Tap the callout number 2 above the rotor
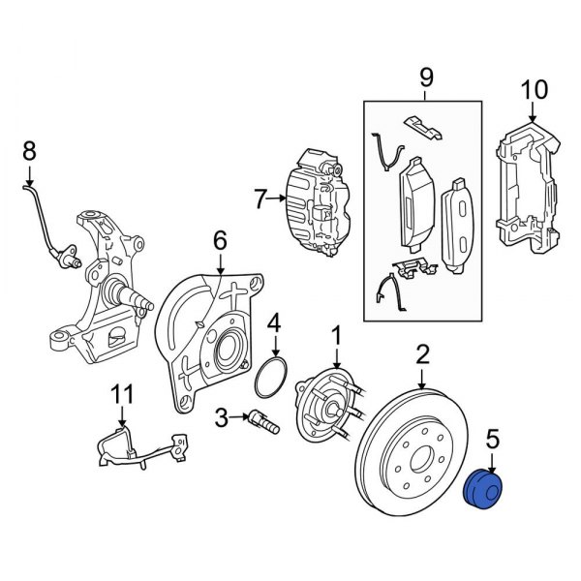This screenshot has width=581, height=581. tap(422, 354)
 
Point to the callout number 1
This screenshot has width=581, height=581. tap(336, 336)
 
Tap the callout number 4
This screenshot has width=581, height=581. tap(274, 322)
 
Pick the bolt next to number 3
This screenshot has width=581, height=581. tap(261, 421)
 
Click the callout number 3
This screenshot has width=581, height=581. tap(222, 418)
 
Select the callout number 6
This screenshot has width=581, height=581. tap(219, 240)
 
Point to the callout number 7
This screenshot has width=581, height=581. tap(260, 200)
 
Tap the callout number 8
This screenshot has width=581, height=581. tap(28, 150)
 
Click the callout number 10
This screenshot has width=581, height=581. tap(535, 91)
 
